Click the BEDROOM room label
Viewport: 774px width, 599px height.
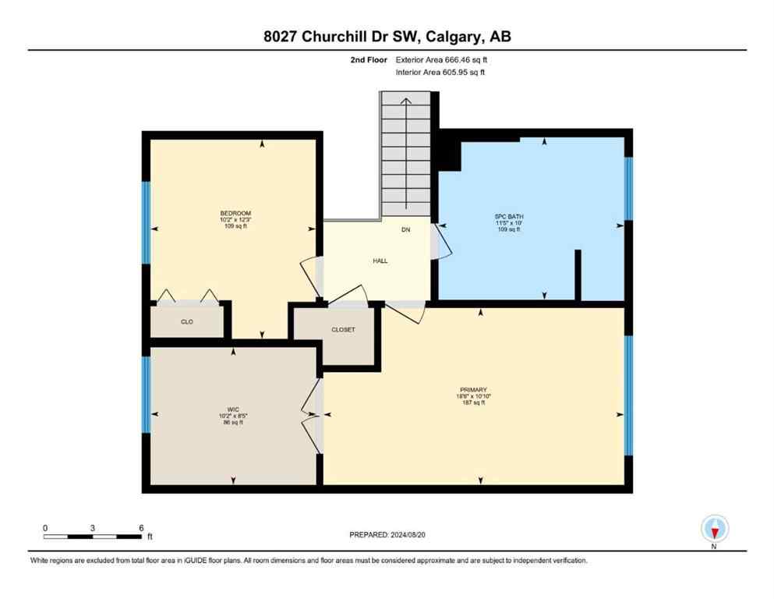tap(235, 213)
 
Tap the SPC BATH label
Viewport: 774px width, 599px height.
tap(506, 216)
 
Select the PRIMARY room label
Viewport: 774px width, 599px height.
tap(473, 389)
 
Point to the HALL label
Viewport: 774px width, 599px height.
tap(380, 261)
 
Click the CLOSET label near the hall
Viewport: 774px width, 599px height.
tap(343, 330)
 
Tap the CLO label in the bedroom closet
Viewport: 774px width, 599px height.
tap(187, 321)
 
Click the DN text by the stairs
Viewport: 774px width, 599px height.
tap(406, 230)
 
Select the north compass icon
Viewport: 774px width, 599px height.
tap(714, 530)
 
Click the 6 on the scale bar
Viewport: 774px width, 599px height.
tap(141, 528)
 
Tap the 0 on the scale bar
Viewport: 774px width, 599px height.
tap(45, 528)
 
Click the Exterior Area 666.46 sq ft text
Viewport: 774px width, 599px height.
tap(442, 59)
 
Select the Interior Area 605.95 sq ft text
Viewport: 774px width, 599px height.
tap(441, 73)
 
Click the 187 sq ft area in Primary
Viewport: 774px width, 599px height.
tap(473, 403)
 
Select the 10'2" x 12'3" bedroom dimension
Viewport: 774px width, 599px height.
tap(235, 220)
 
